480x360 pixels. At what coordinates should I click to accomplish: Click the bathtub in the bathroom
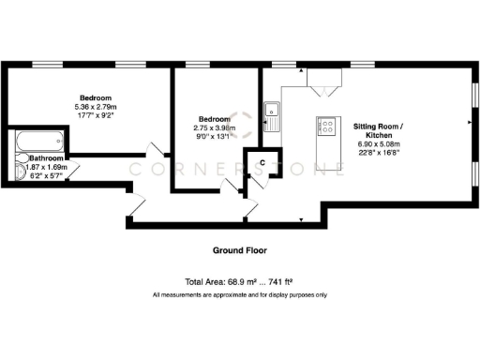37,143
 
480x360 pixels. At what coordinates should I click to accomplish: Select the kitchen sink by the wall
274,117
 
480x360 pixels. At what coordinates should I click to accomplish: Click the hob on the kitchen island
329,126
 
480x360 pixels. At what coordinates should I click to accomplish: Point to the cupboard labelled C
262,163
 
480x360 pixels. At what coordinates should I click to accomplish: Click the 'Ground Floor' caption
239,251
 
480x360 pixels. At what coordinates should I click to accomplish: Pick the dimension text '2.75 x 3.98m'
213,128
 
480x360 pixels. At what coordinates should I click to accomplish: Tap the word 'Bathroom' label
45,158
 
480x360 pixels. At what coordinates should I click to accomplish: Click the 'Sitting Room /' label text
378,126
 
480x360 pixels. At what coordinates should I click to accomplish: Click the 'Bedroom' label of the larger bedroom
96,98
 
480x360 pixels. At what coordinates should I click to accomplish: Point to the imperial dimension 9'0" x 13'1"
213,138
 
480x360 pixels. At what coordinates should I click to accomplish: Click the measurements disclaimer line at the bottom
239,295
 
